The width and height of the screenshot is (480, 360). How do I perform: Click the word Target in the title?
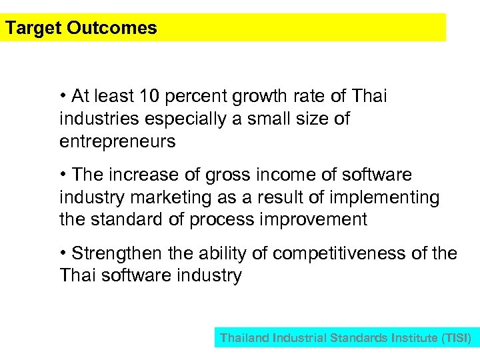[x=33, y=28]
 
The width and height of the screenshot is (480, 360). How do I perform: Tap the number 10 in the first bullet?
[x=149, y=97]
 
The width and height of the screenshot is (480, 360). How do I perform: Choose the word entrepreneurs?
[x=117, y=141]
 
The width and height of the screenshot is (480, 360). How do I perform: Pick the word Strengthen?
[x=116, y=254]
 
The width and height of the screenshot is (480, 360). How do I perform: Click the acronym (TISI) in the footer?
[x=456, y=338]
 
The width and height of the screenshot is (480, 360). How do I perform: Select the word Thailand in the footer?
[x=245, y=338]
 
